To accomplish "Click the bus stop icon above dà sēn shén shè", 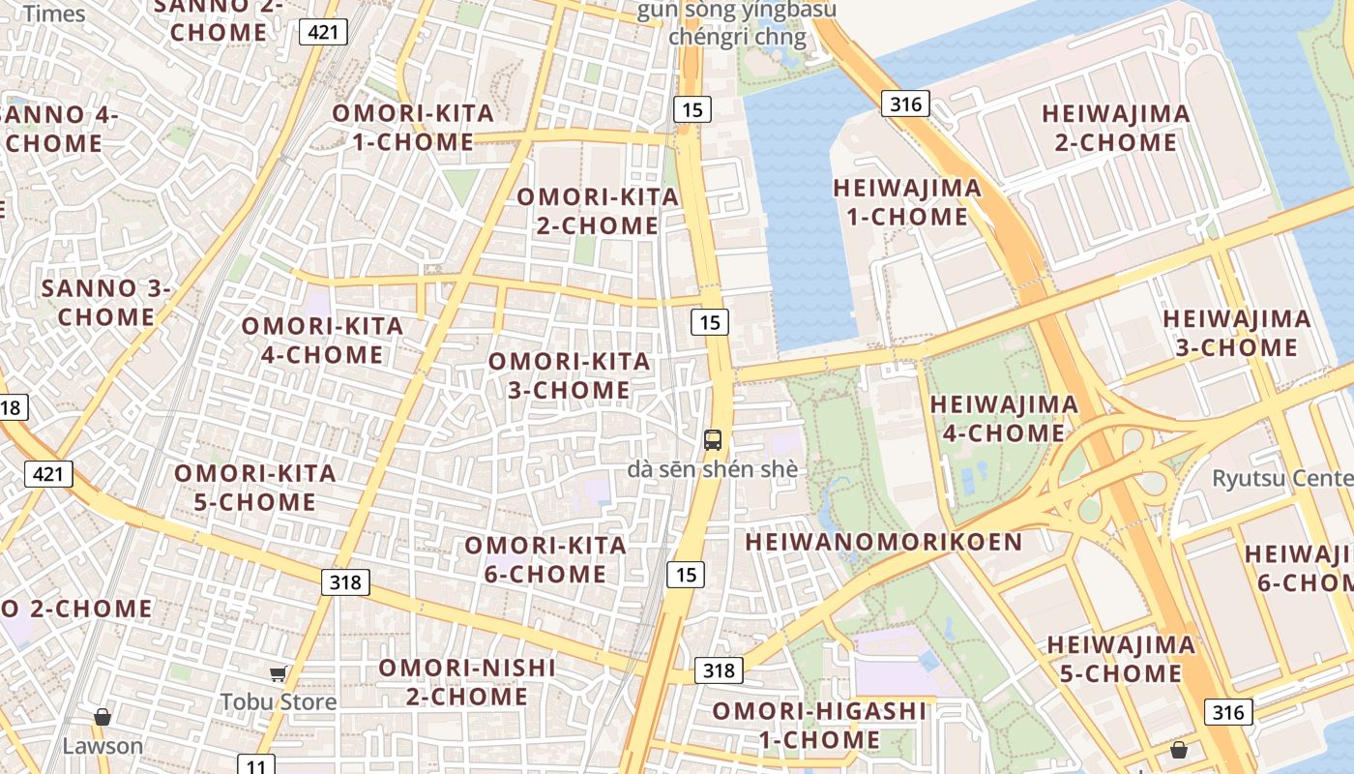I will pos(713,440).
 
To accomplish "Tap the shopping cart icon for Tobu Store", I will pos(279,673).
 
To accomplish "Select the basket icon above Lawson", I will pos(103,717).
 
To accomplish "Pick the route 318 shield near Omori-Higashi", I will pos(719,670).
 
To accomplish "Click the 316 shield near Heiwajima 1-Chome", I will pos(905,104).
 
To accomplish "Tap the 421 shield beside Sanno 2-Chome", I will pos(323,32).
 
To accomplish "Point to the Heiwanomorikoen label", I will pos(883,542).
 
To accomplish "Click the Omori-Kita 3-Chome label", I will pos(570,375).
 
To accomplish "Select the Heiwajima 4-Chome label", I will pos(1004,418).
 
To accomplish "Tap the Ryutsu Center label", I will pos(1281,478).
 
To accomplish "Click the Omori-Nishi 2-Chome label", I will pos(467,681).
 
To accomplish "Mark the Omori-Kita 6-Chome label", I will pos(545,559).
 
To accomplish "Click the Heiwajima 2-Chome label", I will pos(1116,128).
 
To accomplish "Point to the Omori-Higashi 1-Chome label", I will pos(819,726).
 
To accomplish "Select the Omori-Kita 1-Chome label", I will pos(413,127).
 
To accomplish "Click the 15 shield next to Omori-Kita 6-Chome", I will pos(686,575).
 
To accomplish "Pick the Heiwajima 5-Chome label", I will pos(1121,658).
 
